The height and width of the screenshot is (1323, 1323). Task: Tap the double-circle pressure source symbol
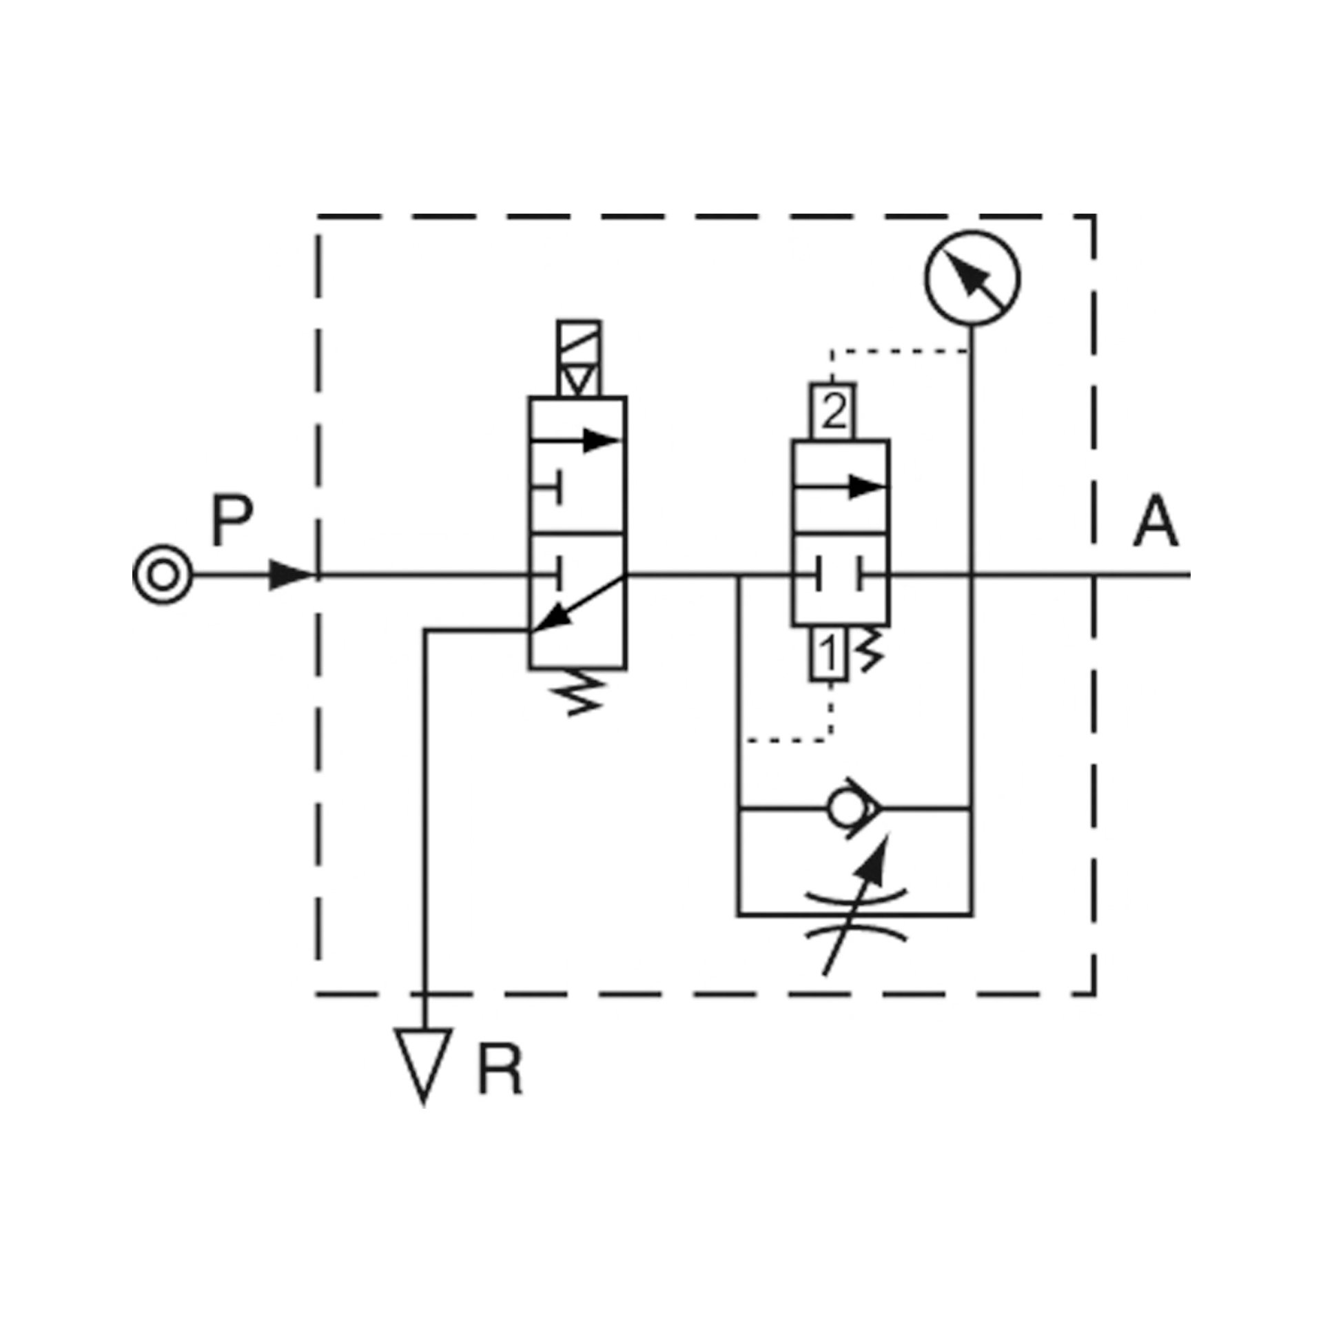pos(163,574)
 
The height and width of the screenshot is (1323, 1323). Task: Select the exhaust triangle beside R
pos(424,1065)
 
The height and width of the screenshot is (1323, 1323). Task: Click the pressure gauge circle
pos(972,278)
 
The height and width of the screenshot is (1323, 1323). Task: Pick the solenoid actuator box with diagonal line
pos(579,358)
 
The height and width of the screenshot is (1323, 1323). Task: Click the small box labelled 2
pos(833,411)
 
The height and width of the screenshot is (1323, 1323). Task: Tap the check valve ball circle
pos(844,810)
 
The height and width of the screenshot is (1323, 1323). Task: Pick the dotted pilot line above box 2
pos(896,351)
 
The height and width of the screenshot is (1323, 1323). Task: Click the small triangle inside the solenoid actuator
pos(580,380)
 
